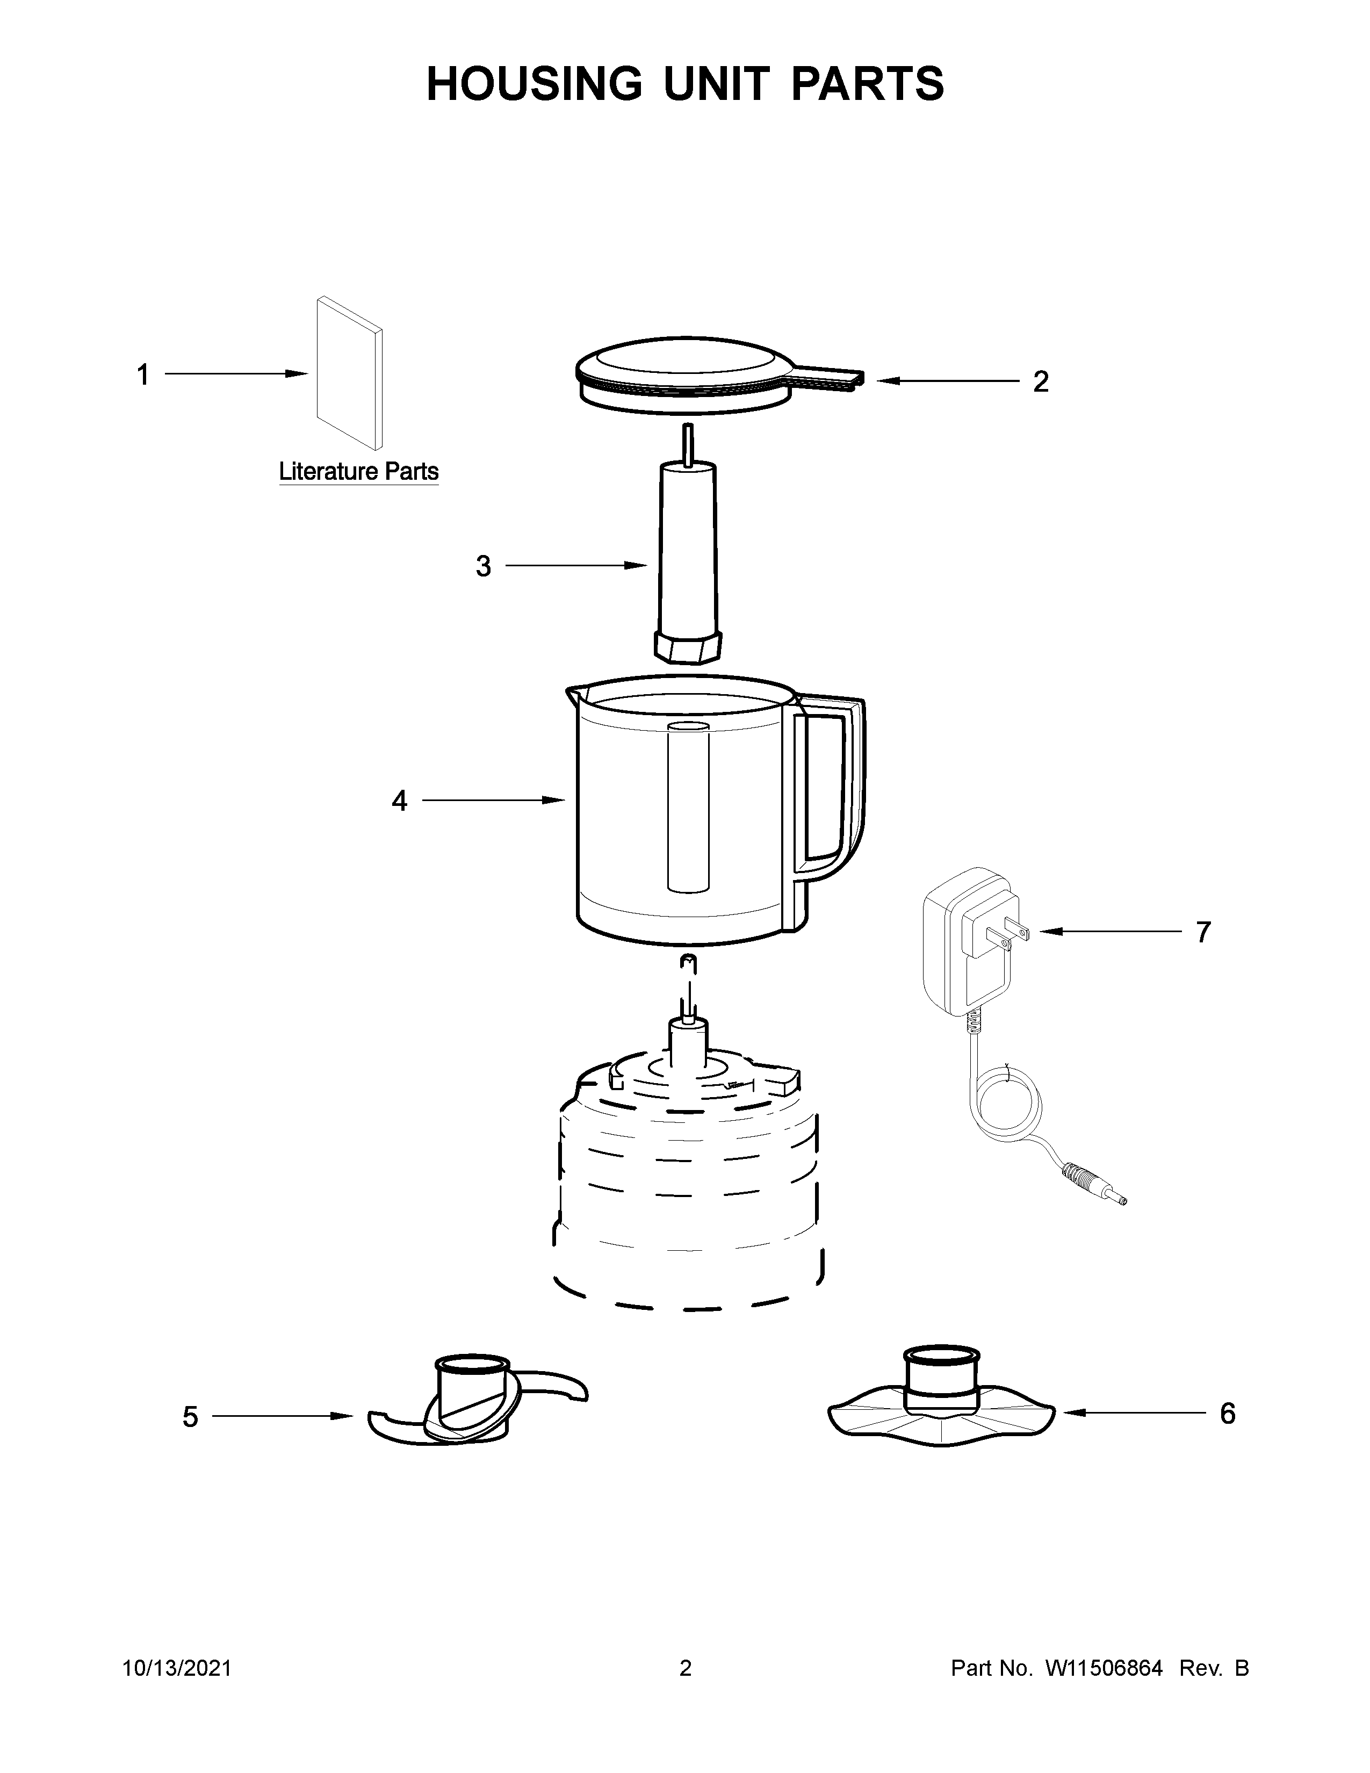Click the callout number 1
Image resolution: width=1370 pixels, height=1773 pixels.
tap(143, 375)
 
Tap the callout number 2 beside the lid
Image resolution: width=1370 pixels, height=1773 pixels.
tap(1041, 381)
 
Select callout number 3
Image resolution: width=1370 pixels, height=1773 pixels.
tap(484, 566)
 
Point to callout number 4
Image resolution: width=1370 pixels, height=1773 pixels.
tap(399, 801)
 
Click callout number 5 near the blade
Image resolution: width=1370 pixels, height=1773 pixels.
tap(190, 1417)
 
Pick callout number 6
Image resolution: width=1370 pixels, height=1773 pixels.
tap(1227, 1414)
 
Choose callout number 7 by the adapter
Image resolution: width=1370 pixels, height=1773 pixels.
tap(1203, 932)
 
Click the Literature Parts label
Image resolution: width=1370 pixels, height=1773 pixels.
tap(359, 472)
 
